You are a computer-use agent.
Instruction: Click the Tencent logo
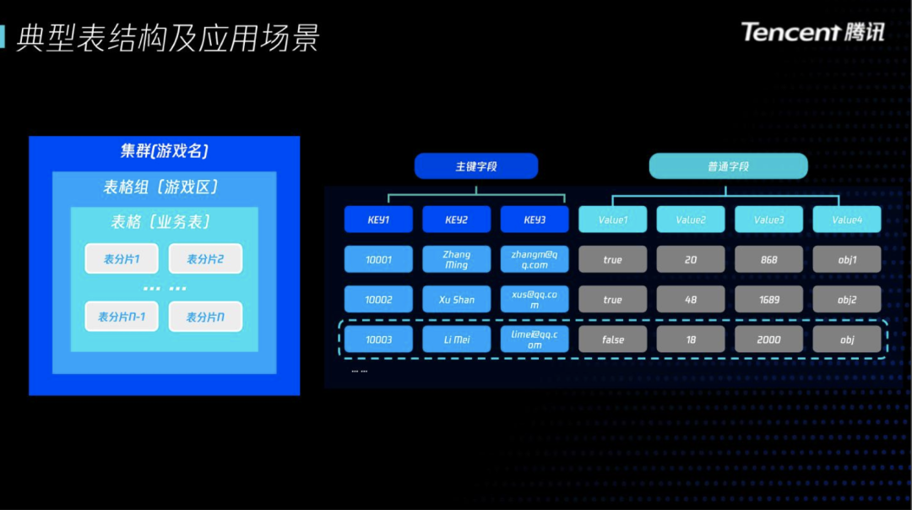click(812, 32)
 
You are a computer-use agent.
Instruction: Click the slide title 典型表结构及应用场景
click(168, 39)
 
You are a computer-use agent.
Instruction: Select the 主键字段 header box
click(476, 166)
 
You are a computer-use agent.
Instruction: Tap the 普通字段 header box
click(728, 166)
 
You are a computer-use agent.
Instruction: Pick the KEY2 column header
click(456, 220)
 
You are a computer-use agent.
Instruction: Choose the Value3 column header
click(768, 220)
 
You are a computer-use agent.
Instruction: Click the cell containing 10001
click(378, 259)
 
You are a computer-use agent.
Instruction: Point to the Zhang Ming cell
click(456, 259)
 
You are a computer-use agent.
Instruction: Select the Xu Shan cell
click(456, 299)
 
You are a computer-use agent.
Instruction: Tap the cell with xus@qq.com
click(535, 299)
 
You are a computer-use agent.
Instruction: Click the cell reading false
click(613, 339)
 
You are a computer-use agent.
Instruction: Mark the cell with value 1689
click(768, 299)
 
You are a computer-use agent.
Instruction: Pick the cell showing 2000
click(768, 339)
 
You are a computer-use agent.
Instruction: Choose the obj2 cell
click(847, 299)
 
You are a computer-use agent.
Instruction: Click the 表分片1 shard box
click(122, 259)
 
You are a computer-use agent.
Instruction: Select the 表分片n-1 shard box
click(122, 317)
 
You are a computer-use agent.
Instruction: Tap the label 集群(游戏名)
click(164, 152)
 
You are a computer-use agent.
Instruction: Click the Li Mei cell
click(456, 339)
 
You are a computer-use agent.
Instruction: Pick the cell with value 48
click(691, 299)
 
